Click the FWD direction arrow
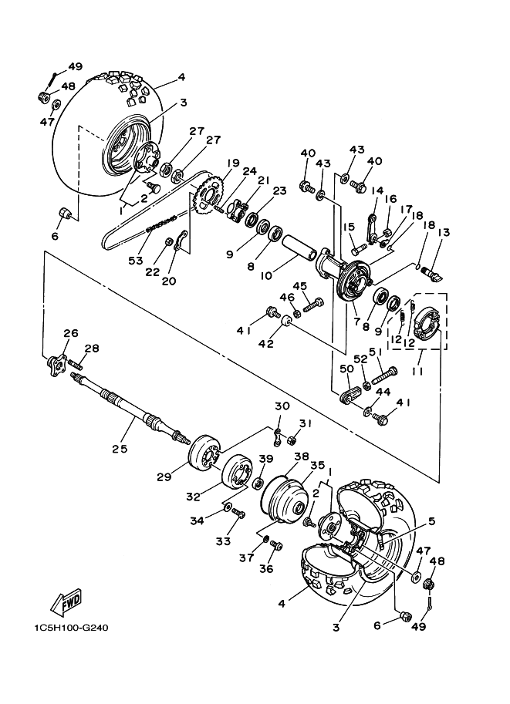tap(66, 601)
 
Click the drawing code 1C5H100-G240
tap(71, 628)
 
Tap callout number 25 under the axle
tap(120, 448)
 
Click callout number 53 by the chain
tap(135, 261)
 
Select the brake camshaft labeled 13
tap(431, 273)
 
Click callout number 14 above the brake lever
tap(377, 190)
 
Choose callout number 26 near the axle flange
tap(70, 333)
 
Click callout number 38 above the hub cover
tap(302, 456)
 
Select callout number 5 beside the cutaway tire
tap(431, 521)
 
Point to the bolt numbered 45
tap(314, 305)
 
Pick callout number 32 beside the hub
tap(194, 497)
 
